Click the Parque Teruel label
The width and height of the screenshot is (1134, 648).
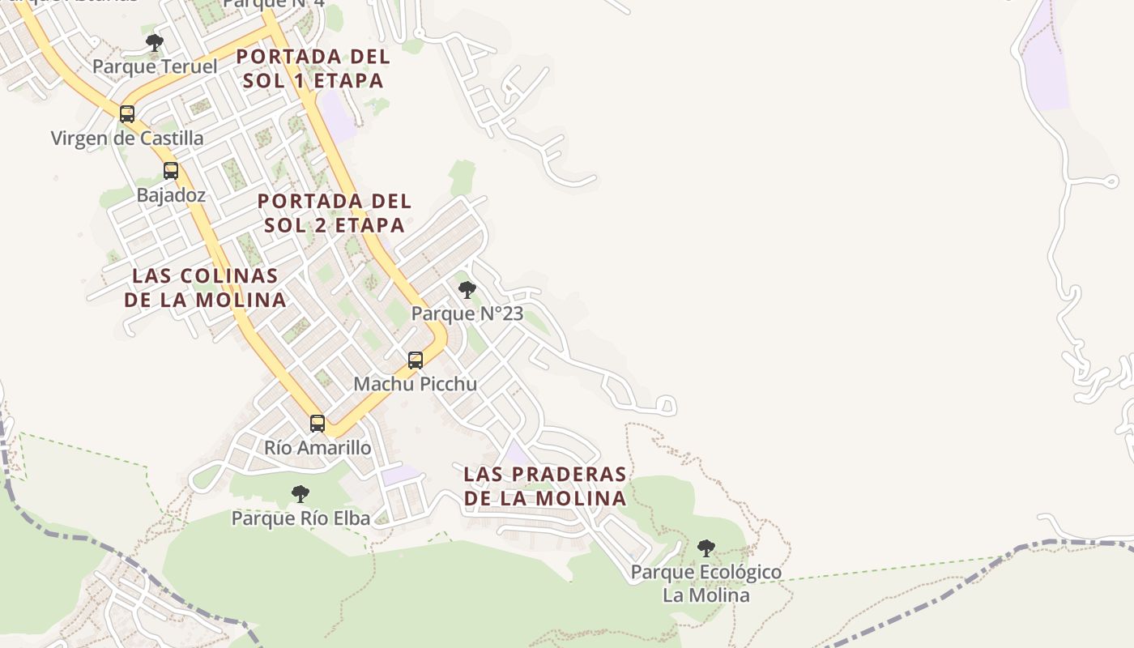[155, 66]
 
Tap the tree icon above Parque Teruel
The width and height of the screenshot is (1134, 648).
[155, 42]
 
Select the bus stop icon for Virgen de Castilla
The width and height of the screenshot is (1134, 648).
[127, 113]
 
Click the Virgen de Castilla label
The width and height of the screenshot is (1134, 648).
[127, 138]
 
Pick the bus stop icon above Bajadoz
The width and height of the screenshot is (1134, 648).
[171, 171]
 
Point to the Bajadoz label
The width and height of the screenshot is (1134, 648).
[171, 195]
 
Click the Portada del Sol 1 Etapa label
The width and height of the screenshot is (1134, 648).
[313, 69]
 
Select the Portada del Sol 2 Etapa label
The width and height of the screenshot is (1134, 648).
[335, 212]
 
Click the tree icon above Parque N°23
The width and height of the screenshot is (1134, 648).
[467, 289]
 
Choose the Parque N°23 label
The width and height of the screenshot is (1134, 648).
[467, 313]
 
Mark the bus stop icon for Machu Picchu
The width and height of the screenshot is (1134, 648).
[416, 360]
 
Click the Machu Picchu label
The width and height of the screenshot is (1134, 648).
[416, 384]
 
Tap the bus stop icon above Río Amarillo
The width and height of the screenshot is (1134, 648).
[318, 423]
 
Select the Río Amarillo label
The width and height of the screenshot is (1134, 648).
[318, 447]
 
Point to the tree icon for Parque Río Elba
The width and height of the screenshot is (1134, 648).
[301, 493]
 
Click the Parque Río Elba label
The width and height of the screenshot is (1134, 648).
[301, 518]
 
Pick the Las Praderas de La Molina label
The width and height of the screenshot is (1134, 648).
[545, 486]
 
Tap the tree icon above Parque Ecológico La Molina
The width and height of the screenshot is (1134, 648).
[706, 548]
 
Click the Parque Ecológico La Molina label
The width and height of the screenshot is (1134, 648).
[706, 583]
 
